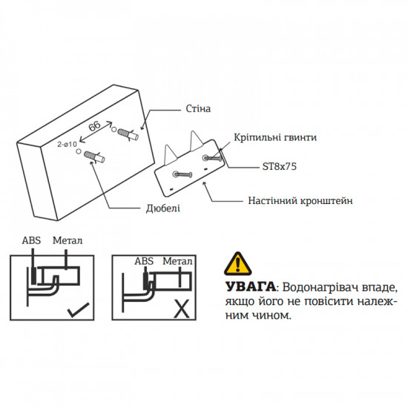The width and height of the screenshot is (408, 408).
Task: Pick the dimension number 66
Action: point(95,127)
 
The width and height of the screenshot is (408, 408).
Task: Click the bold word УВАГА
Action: point(248,286)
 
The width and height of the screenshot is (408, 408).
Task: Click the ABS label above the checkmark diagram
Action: point(32,241)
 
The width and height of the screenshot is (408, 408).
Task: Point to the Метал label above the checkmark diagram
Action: point(68,241)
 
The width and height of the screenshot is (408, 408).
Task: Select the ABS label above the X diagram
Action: point(143,261)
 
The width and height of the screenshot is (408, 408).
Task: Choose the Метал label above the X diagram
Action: point(177,261)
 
